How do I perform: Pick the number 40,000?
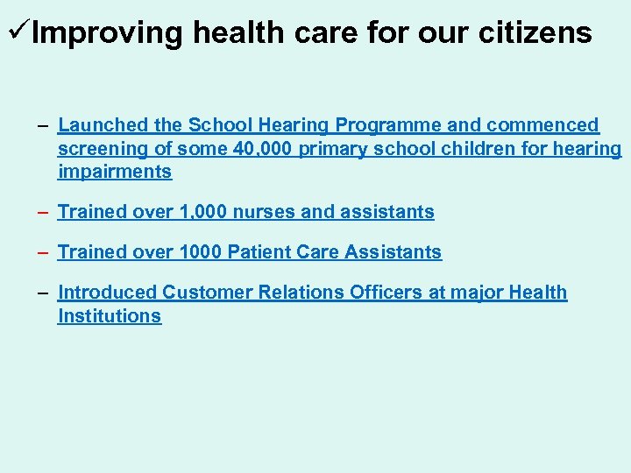pos(264,149)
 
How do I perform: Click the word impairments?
pos(115,172)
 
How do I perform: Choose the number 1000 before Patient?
pos(200,252)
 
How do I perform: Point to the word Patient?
pos(257,252)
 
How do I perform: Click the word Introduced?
pos(107,293)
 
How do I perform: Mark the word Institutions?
pos(110,316)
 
